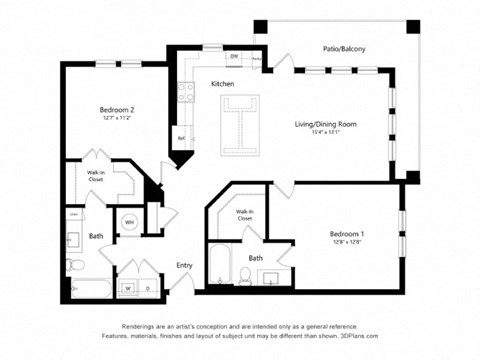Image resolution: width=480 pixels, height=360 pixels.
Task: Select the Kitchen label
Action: point(222,84)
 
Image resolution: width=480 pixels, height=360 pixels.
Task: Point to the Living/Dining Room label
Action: point(324,124)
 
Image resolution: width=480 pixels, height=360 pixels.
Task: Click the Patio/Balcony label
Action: point(343,47)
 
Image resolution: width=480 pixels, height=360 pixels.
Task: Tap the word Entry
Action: point(184,265)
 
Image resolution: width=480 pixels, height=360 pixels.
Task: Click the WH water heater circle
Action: point(130,222)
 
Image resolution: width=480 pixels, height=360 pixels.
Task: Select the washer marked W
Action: point(126,289)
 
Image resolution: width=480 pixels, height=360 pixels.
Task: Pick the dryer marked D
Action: point(148,289)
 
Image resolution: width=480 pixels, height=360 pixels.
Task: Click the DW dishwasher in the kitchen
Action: point(234,57)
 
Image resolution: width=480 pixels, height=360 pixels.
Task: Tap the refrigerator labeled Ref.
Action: point(182,138)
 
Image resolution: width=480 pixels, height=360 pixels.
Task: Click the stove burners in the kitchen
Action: point(186,92)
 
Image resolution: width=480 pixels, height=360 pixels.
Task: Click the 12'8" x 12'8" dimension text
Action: point(347,243)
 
